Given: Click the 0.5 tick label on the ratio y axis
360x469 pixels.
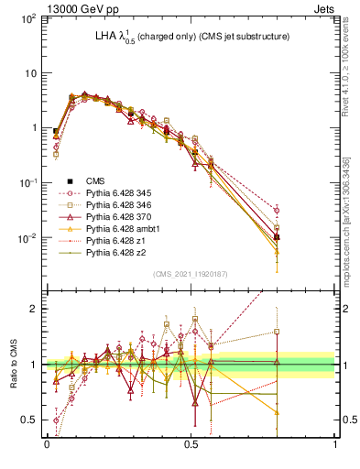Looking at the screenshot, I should click(29, 420).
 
